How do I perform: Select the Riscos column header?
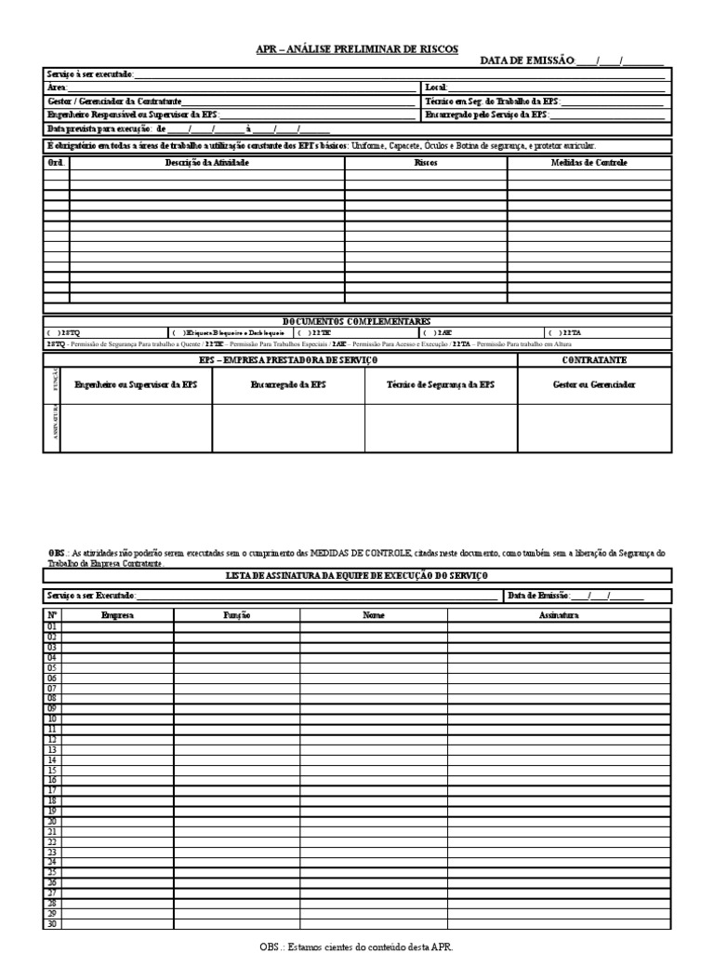(x=426, y=162)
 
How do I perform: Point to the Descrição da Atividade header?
(x=207, y=162)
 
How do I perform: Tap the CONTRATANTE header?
(x=594, y=358)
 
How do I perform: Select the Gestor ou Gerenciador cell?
(x=594, y=384)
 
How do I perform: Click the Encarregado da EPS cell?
(x=288, y=384)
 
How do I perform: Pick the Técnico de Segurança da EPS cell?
(x=441, y=384)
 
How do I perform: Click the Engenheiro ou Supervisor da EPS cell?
(x=136, y=384)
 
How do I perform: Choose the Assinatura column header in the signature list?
(x=558, y=615)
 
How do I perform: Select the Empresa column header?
(x=117, y=615)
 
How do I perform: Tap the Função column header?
(x=236, y=615)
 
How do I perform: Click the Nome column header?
(x=373, y=615)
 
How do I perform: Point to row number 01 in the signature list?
(x=52, y=626)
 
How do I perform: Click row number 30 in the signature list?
(x=52, y=924)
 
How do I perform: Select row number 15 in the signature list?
(x=52, y=770)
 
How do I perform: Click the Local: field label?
(x=436, y=87)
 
